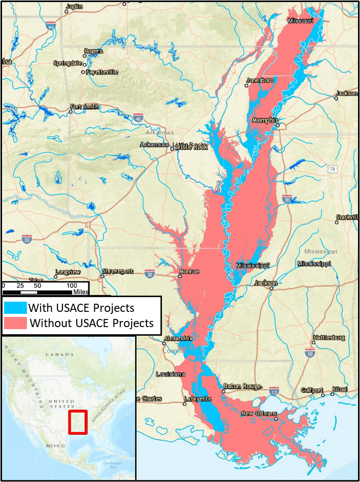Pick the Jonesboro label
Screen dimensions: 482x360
[x=260, y=80]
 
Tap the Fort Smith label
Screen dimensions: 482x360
[x=85, y=107]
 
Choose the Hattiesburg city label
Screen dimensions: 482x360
[x=329, y=337]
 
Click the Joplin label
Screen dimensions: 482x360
[x=74, y=7]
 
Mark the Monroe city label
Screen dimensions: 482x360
[x=189, y=271]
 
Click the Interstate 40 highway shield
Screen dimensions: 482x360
[x=138, y=118]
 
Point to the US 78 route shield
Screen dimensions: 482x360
[x=333, y=169]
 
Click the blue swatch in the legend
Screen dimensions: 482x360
[x=15, y=308]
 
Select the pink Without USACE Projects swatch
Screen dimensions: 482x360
[x=15, y=323]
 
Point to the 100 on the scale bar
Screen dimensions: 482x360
[x=73, y=286]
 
